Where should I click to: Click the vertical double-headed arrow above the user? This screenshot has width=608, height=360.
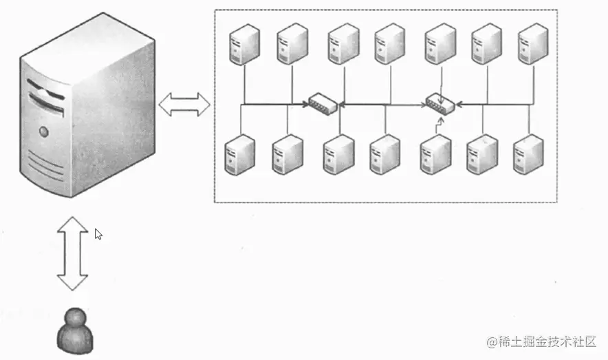pos(72,253)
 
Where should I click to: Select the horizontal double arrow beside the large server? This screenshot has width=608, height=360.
pos(184,105)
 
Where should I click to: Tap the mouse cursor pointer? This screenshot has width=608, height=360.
pos(98,234)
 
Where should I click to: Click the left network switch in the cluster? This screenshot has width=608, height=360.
pos(323,104)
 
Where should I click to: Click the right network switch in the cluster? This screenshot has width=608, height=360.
pos(439,103)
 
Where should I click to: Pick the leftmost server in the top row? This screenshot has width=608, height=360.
pos(243,44)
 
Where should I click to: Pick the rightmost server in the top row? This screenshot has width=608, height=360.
pos(532,43)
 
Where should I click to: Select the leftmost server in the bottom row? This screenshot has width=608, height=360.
pos(240,155)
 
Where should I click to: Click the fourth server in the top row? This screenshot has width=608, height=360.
pos(389,44)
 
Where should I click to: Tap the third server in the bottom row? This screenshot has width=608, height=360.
pos(338,154)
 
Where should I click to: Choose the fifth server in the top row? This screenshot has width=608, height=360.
pos(440,43)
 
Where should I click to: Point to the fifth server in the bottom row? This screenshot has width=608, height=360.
pos(435,154)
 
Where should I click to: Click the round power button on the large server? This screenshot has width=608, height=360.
pos(44,131)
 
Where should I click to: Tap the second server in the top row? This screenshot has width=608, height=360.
pos(292,44)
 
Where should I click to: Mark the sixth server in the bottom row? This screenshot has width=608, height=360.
pos(481,154)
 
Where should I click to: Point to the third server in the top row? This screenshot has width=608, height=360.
pos(343,44)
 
